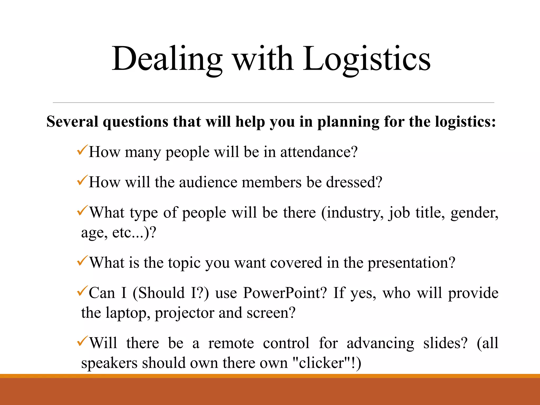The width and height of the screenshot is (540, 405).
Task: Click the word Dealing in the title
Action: (x=167, y=59)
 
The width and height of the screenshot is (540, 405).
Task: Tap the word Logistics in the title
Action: (x=367, y=59)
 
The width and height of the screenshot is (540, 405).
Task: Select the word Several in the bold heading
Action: (x=72, y=122)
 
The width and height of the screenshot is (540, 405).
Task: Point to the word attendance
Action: (x=319, y=152)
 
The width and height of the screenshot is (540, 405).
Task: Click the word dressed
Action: (x=354, y=182)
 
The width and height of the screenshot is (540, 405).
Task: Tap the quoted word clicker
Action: (x=322, y=363)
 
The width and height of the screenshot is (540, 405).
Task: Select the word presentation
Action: (x=411, y=263)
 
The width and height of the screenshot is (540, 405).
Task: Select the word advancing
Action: (x=380, y=344)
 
